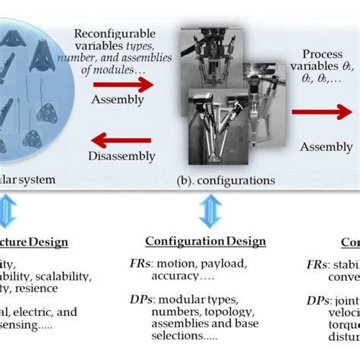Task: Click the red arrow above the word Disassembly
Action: tap(118, 139)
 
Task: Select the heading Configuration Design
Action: tap(206, 242)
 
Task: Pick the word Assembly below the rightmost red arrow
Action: tap(323, 146)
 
